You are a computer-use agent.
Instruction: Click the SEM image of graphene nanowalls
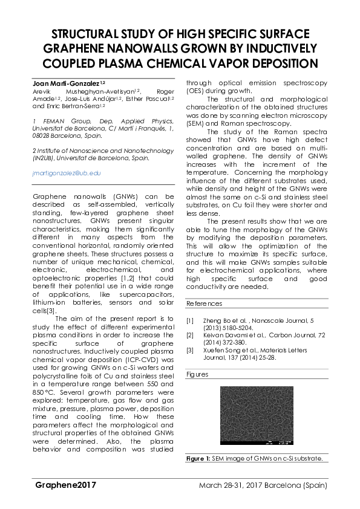256,417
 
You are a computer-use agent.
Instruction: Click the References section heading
204,303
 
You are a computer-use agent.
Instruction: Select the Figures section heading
198,374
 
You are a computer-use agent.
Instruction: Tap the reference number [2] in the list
190,334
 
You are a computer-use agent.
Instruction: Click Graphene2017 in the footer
65,485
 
